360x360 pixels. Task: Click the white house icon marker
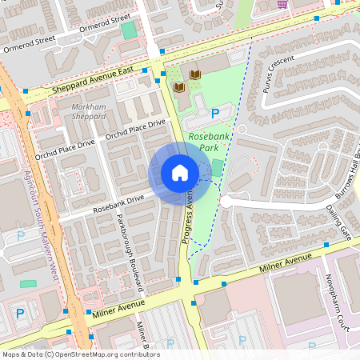coord(180,173)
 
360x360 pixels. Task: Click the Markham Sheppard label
coord(89,111)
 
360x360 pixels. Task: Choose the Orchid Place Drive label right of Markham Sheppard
coord(135,130)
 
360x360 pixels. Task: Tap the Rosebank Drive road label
coord(118,201)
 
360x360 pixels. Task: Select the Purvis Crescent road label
coord(277,73)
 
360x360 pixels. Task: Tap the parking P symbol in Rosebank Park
coord(216,114)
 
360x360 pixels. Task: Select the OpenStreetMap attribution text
coord(81,354)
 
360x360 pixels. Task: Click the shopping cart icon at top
coord(282,4)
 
